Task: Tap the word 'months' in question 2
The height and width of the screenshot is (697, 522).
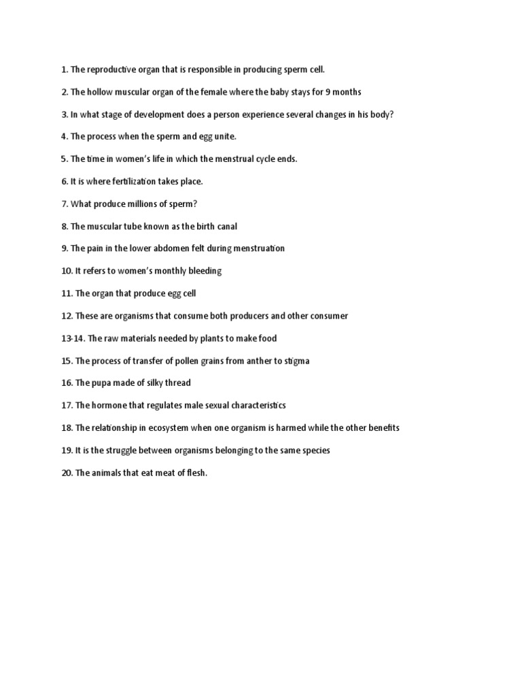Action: (x=346, y=92)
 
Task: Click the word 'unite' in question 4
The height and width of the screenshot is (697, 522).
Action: (x=224, y=137)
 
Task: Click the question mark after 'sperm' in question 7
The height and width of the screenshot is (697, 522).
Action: (x=194, y=204)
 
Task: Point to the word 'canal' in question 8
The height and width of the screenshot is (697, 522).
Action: (x=226, y=226)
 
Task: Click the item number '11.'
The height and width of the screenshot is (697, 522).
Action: (x=67, y=293)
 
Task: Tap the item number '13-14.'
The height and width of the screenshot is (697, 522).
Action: (x=73, y=338)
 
